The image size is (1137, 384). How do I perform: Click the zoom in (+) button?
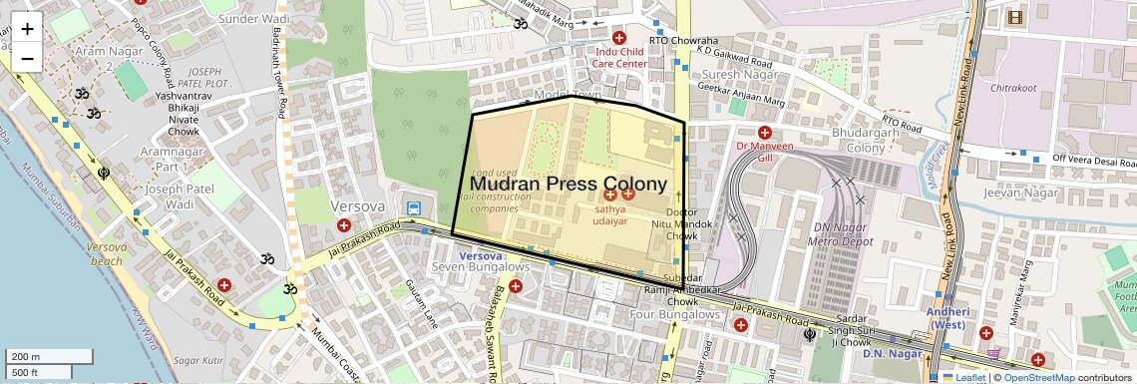click(27, 28)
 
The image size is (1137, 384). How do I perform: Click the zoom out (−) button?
click(27, 58)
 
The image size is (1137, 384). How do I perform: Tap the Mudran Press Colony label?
click(568, 185)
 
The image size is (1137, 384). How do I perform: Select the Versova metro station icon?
click(413, 207)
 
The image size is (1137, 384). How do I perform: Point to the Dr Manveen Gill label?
click(765, 151)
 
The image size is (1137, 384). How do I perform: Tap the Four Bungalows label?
click(674, 314)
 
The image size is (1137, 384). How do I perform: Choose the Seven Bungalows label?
click(481, 267)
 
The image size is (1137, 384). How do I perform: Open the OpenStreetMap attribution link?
click(1039, 377)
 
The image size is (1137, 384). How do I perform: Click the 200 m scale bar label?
click(27, 356)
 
